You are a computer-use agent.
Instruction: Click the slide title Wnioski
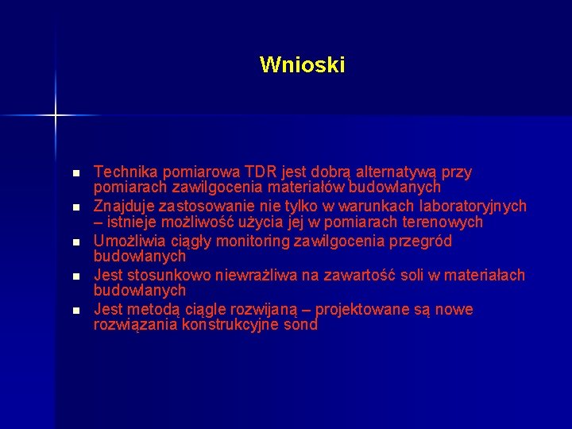click(302, 64)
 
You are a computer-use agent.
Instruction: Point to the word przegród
click(424, 241)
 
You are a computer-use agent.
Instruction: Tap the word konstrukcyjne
click(234, 325)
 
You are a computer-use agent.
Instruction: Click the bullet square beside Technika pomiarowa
click(75, 173)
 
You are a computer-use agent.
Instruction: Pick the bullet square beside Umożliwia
click(75, 242)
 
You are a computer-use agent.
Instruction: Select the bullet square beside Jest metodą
click(75, 311)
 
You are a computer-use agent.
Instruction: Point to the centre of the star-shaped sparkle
click(56, 116)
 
